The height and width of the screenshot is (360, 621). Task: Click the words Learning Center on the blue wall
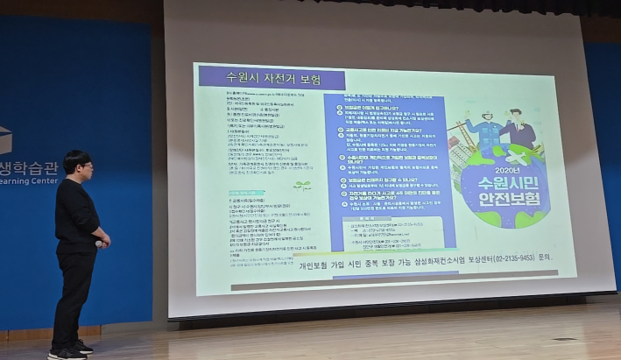pos(27,180)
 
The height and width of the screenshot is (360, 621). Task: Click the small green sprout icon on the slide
pos(301,186)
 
